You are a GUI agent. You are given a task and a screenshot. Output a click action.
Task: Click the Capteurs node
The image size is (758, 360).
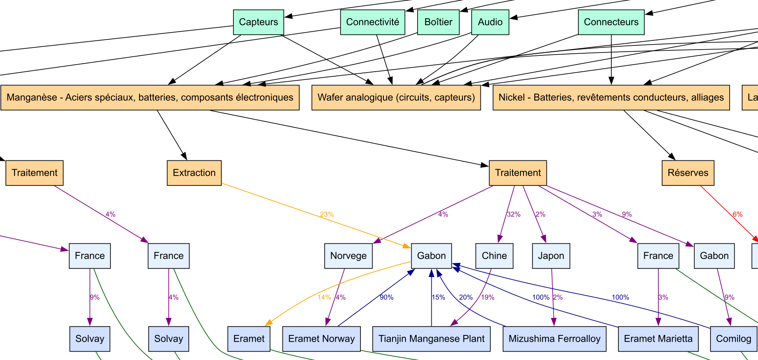pos(258,22)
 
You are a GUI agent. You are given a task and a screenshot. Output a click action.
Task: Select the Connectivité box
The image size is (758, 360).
pos(373,22)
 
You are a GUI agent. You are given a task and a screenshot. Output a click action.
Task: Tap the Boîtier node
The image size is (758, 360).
pos(438,22)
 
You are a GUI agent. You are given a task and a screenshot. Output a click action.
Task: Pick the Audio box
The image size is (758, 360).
pos(490,22)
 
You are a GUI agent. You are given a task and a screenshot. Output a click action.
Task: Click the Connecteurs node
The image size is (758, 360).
pos(611,22)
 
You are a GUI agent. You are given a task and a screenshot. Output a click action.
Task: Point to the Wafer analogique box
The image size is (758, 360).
pos(396,97)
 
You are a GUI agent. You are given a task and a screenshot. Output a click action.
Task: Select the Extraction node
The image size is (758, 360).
pos(194,173)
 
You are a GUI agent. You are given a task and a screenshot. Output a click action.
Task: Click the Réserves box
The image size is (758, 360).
pos(688,173)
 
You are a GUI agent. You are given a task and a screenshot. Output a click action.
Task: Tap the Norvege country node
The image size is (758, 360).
pos(348,256)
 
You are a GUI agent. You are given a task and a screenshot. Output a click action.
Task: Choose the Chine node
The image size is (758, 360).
pos(494,256)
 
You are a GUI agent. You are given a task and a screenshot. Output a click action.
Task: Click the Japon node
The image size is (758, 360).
pos(551,256)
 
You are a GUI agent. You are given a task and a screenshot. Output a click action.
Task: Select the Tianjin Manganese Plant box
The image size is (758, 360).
pos(431,339)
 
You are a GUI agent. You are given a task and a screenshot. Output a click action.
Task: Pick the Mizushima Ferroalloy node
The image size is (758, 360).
pos(554,339)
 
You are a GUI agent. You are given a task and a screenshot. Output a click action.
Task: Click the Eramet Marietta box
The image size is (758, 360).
pos(658,339)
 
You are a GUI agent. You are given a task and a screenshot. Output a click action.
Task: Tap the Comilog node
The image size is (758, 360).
pos(733,339)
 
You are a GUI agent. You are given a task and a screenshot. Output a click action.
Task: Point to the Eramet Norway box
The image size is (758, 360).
pos(321,339)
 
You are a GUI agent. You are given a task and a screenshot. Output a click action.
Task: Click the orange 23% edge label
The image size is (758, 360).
pos(327,214)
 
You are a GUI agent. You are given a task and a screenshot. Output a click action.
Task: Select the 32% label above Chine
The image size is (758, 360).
pos(513,214)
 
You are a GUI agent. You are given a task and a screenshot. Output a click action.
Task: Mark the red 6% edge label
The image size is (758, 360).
pos(738,214)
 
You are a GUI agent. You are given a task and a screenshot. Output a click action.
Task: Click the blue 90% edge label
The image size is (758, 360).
pos(386,297)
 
